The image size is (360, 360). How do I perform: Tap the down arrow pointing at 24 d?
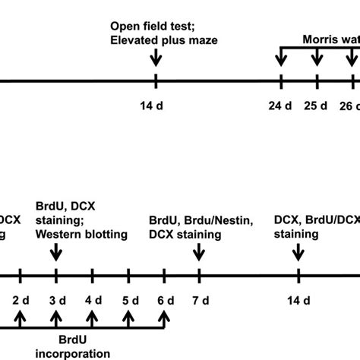point(281,58)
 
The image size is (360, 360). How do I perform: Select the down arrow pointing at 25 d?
point(317,58)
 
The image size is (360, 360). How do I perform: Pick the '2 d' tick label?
point(20,299)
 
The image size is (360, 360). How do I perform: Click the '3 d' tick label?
point(56,299)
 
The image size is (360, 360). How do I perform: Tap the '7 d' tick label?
point(200,299)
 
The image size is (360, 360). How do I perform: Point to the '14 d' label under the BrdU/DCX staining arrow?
point(298,299)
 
